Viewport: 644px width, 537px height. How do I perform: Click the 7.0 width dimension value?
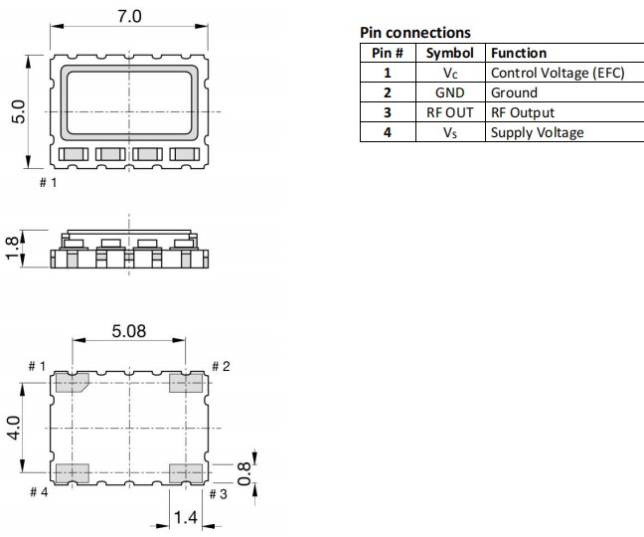point(129,17)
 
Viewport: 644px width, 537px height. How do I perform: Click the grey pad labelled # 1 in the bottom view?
point(72,383)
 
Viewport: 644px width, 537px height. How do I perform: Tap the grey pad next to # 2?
point(186,383)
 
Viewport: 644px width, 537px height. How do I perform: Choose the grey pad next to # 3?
point(186,472)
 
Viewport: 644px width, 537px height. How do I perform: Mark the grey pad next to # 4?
point(72,472)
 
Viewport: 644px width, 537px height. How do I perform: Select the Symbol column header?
point(450,53)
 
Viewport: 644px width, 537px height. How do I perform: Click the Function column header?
point(519,53)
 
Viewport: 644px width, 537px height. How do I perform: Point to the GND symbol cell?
point(450,92)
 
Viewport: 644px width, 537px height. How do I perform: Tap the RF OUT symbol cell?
point(450,112)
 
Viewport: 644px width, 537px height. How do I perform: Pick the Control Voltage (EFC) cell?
point(557,73)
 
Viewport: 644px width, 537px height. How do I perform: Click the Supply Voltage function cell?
point(537,132)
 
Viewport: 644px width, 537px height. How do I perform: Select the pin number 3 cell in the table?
point(388,112)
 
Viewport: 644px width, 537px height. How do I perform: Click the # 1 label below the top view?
point(48,183)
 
